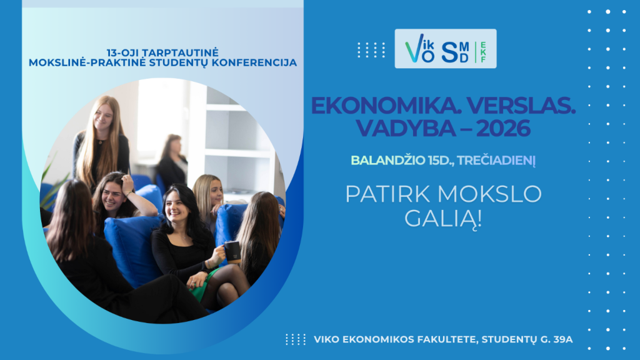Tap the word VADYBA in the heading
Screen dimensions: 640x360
pyautogui.click(x=406, y=128)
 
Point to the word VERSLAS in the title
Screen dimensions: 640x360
pyautogui.click(x=521, y=106)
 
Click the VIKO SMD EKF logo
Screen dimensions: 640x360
pyautogui.click(x=445, y=49)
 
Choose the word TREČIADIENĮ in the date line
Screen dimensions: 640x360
pyautogui.click(x=496, y=161)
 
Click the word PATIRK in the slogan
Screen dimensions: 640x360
pyautogui.click(x=387, y=194)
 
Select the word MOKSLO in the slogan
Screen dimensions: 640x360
pyautogui.click(x=489, y=194)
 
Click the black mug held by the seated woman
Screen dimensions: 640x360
pyautogui.click(x=232, y=252)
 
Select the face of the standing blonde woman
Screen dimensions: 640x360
pyautogui.click(x=103, y=116)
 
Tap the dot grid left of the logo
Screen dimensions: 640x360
pyautogui.click(x=371, y=50)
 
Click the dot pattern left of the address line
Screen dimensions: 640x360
pyautogui.click(x=296, y=339)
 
